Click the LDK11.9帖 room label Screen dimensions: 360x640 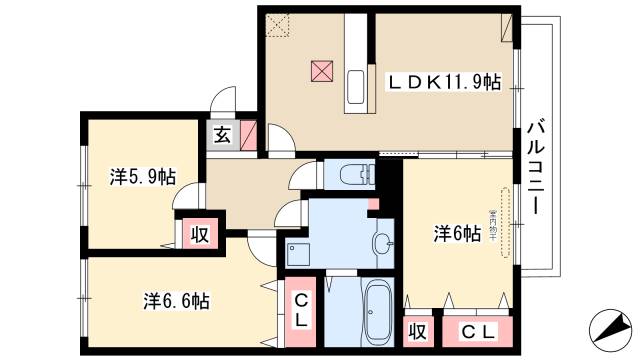[x=445, y=82]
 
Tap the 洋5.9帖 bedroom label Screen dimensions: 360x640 [x=143, y=178]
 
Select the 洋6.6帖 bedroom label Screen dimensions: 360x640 [x=176, y=299]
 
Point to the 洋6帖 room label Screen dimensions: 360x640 [x=457, y=234]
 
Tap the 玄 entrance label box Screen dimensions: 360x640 [x=222, y=136]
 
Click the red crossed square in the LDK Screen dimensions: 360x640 [x=322, y=72]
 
